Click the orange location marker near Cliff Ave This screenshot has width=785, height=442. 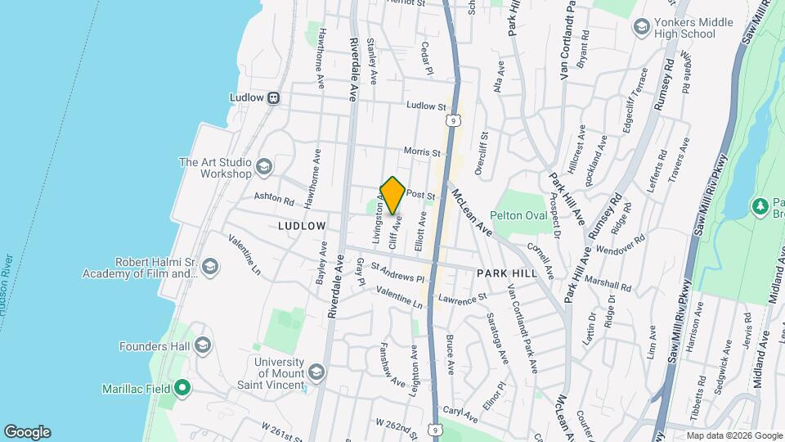click(x=392, y=196)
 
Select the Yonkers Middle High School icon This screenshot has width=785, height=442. click(x=642, y=28)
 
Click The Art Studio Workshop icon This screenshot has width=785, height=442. click(x=263, y=168)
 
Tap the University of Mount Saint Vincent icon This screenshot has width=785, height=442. click(x=316, y=373)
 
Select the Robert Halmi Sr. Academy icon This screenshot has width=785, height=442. click(x=210, y=268)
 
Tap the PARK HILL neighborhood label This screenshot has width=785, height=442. click(x=508, y=273)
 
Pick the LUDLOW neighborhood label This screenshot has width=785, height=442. click(x=302, y=225)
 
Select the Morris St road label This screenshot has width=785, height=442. click(x=423, y=152)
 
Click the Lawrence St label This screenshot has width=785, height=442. click(x=462, y=299)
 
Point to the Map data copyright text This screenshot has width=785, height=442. click(x=733, y=435)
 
